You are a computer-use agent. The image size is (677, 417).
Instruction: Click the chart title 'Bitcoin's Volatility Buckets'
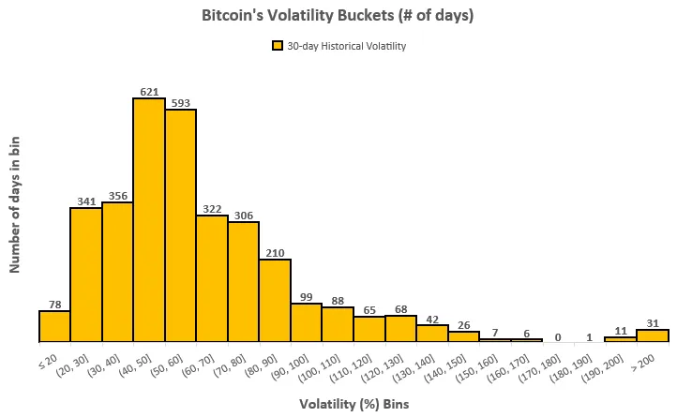tap(338, 16)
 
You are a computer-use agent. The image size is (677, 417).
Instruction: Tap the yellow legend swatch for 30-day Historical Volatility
tap(277, 45)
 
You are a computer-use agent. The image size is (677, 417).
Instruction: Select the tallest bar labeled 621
tap(149, 220)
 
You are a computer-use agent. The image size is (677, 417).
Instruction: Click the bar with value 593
tap(181, 226)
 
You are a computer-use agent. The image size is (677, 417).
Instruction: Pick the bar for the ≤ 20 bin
tap(54, 326)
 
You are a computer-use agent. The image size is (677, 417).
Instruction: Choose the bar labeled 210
tap(275, 300)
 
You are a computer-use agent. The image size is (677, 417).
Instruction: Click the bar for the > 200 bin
tap(653, 335)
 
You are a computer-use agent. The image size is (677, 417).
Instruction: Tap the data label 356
tap(118, 195)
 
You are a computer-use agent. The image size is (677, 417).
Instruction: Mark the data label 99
tap(307, 296)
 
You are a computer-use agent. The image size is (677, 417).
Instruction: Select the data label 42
tap(432, 319)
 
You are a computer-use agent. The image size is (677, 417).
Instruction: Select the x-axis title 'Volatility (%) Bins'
tap(354, 405)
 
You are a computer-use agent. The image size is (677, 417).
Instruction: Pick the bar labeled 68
tap(400, 328)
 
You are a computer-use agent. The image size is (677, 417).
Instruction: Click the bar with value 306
tap(244, 281)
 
